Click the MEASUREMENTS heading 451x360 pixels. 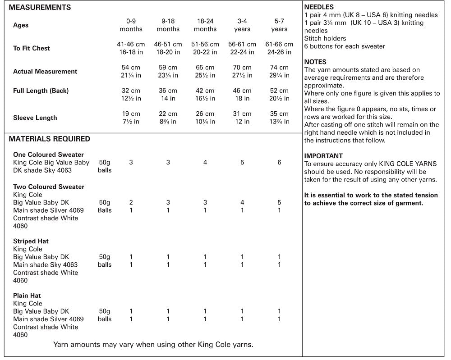(x=40, y=7)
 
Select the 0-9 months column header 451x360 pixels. (x=131, y=25)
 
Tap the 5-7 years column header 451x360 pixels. (x=279, y=25)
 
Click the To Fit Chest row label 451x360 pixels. (x=32, y=48)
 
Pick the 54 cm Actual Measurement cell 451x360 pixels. (x=131, y=68)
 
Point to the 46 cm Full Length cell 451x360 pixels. (x=242, y=91)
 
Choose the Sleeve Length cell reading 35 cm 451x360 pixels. (x=279, y=114)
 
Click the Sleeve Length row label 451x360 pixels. (x=35, y=118)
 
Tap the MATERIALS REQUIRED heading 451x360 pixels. (x=50, y=139)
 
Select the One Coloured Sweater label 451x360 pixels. (x=48, y=155)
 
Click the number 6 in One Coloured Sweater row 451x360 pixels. (x=279, y=162)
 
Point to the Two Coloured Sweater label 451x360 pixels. (x=49, y=187)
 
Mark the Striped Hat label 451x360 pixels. (x=31, y=241)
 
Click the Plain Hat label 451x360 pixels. (x=27, y=296)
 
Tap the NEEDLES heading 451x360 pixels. (x=319, y=7)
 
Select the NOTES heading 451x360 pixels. (x=315, y=62)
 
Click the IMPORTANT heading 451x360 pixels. (x=323, y=156)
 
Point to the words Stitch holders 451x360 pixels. (x=325, y=38)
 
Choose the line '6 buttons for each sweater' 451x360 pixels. (x=345, y=46)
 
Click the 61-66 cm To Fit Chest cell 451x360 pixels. (x=279, y=44)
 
